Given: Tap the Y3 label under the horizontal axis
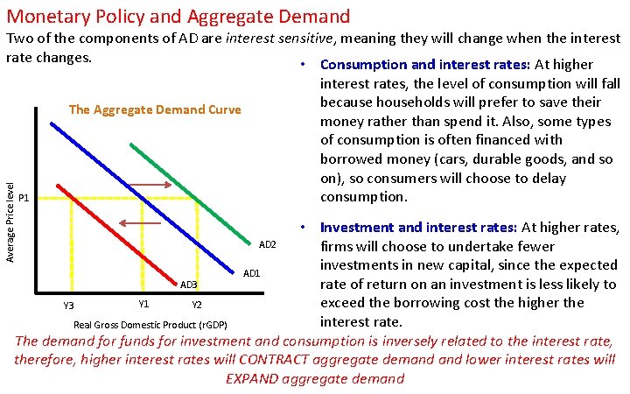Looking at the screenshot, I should pyautogui.click(x=68, y=305).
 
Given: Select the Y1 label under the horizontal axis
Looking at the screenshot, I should pyautogui.click(x=144, y=304).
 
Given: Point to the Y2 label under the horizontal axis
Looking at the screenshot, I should pyautogui.click(x=197, y=305).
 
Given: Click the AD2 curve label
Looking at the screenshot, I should pyautogui.click(x=268, y=244).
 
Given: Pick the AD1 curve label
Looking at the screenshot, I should pyautogui.click(x=252, y=274).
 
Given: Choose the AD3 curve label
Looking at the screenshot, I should pyautogui.click(x=189, y=285).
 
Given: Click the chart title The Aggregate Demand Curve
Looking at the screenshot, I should pyautogui.click(x=154, y=110).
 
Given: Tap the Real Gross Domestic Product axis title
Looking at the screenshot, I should pyautogui.click(x=150, y=325).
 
